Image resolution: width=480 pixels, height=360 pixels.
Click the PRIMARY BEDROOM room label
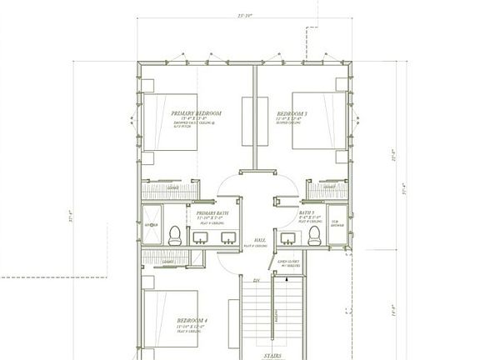click(196, 113)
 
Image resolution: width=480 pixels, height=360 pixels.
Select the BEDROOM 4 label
click(193, 320)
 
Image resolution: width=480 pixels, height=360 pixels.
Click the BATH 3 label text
click(306, 212)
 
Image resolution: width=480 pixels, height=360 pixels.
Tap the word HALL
click(259, 239)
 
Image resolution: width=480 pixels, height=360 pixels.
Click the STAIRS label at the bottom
click(272, 355)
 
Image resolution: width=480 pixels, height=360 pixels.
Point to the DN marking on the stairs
click(257, 281)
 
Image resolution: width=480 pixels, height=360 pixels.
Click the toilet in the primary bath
click(175, 236)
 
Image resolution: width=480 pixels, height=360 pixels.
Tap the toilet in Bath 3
click(315, 236)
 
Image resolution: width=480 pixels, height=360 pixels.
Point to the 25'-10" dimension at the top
click(244, 15)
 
